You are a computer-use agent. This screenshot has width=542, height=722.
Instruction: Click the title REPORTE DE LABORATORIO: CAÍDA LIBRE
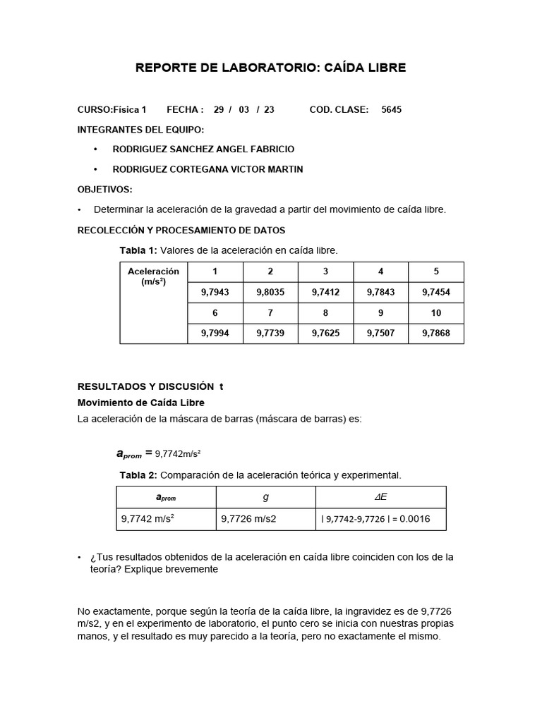[x=270, y=68]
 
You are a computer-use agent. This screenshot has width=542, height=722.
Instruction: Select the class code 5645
[x=392, y=110]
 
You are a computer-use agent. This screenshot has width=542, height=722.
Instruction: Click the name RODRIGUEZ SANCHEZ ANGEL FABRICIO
[x=203, y=149]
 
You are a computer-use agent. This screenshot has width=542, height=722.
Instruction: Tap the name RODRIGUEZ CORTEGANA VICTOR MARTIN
[x=208, y=169]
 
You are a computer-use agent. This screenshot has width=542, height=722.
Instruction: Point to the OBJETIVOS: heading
[x=104, y=190]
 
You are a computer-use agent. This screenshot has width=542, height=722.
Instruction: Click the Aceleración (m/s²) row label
[x=153, y=276]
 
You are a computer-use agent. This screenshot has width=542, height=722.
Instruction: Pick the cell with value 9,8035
[x=270, y=292]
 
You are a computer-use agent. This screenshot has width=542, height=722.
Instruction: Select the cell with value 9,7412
[x=325, y=292]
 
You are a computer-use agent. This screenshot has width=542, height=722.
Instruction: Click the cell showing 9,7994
[x=215, y=333]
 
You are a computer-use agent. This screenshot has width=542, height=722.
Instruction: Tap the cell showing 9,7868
[x=435, y=333]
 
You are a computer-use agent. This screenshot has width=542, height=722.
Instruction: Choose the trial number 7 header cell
[x=270, y=312]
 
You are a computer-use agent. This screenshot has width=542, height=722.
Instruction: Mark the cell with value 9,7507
[x=380, y=333]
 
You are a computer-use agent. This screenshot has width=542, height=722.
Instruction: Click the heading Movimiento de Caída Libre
[x=140, y=403]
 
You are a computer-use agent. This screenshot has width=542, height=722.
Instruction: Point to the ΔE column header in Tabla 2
[x=380, y=497]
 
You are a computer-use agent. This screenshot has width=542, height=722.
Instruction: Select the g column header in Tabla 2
[x=265, y=497]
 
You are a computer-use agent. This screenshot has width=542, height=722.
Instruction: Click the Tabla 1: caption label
[x=139, y=250]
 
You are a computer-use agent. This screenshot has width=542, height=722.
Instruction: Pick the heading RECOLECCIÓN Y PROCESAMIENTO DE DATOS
[x=181, y=231]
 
